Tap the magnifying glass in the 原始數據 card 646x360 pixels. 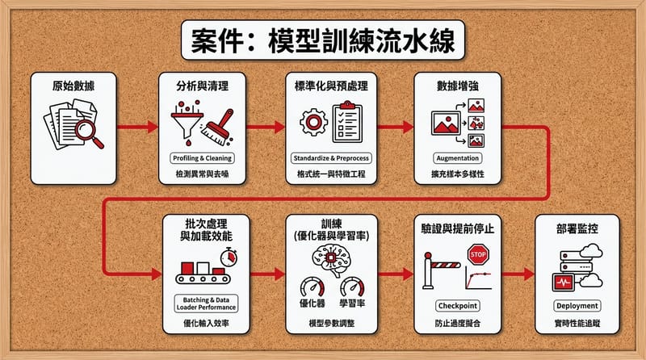tap(90, 132)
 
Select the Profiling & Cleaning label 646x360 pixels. tap(201, 157)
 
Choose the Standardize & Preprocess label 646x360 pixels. tap(331, 157)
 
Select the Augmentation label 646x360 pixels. tap(458, 157)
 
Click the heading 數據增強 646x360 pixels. tap(458, 84)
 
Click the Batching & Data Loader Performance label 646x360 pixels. tap(201, 303)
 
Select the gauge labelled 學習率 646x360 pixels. tap(353, 287)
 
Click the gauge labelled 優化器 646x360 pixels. tap(311, 287)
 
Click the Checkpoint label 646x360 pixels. tap(458, 306)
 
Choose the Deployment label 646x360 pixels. tap(577, 306)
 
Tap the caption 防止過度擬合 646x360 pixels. tap(458, 323)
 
